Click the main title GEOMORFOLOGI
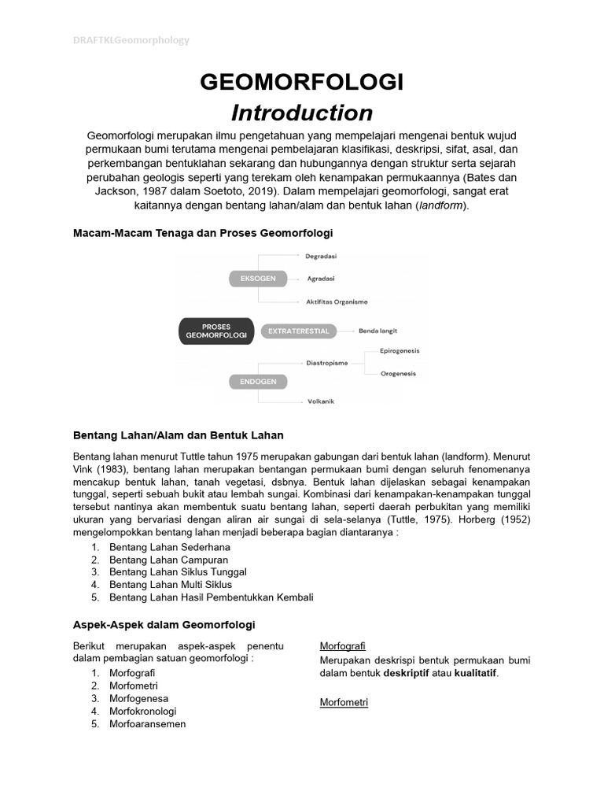[301, 82]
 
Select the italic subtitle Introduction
[301, 113]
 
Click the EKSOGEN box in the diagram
[253, 279]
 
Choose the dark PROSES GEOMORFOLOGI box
[215, 331]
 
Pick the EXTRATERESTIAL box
[298, 331]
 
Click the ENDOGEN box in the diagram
[253, 382]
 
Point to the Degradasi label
[322, 256]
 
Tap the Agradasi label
[321, 279]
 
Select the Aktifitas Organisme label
[337, 301]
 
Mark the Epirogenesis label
[400, 351]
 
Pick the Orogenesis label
[398, 374]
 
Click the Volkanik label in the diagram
[321, 401]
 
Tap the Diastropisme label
[327, 363]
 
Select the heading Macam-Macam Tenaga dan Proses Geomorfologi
[203, 233]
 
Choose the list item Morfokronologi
[142, 711]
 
